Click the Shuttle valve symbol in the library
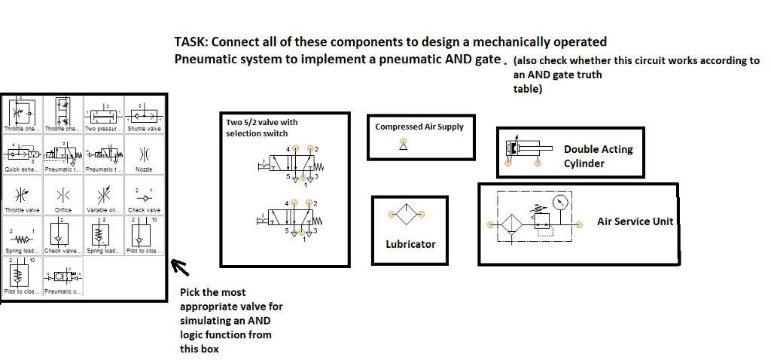[x=145, y=114]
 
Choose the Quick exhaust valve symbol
[x=23, y=154]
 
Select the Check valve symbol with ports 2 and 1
[x=144, y=197]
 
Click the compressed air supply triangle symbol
[x=403, y=145]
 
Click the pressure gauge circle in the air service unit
[x=559, y=203]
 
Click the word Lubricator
[x=410, y=244]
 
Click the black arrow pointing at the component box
[x=180, y=267]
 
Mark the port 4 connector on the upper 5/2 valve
[x=294, y=149]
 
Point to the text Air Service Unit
[x=635, y=221]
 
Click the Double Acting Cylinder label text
[x=598, y=156]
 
